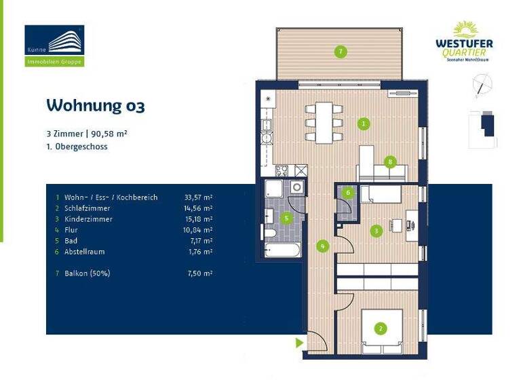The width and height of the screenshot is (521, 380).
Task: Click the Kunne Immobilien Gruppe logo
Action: [x=54, y=45]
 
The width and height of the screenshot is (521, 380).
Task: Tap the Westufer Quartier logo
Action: [x=464, y=41]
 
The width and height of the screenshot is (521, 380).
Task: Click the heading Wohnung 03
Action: [x=95, y=106]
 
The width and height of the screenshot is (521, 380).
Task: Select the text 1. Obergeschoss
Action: [x=77, y=147]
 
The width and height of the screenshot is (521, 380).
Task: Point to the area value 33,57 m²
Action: [x=198, y=197]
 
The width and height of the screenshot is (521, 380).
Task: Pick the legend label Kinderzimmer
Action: [x=88, y=219]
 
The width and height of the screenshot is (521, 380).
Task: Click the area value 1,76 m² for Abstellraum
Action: [x=199, y=252]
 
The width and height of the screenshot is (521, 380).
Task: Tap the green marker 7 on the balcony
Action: [x=341, y=52]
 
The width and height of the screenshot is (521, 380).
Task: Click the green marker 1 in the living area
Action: [x=364, y=123]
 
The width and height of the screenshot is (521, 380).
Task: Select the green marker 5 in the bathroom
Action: [x=286, y=218]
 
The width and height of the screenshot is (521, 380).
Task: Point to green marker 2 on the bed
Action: [x=381, y=328]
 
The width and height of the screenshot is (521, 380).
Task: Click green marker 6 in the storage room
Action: [x=348, y=193]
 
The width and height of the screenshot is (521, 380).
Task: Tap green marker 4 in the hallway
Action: [x=323, y=246]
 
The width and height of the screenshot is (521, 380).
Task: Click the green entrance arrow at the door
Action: [x=299, y=343]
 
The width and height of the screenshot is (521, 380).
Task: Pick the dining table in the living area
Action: [x=322, y=122]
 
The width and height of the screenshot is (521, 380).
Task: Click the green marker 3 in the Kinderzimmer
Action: [x=377, y=231]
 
